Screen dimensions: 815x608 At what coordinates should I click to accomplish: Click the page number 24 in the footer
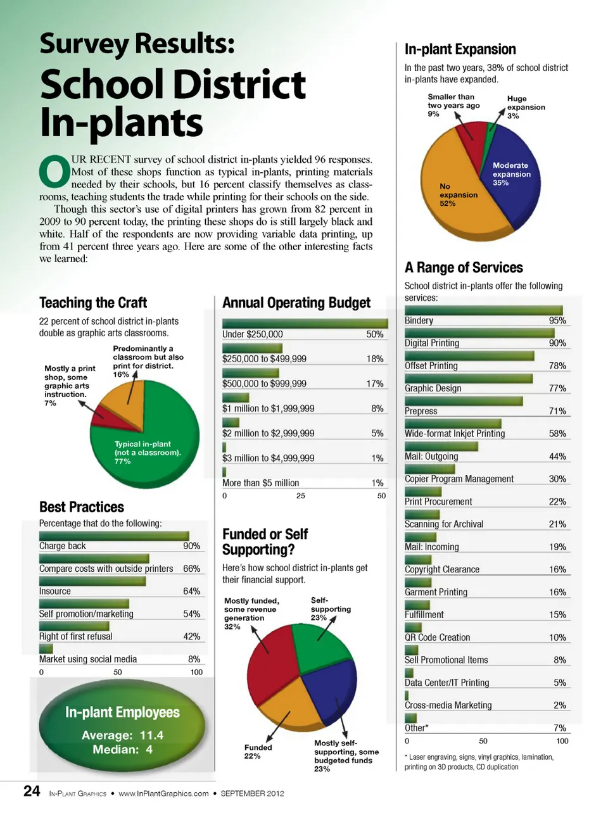point(32,791)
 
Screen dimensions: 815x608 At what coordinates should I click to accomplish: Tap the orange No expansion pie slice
point(456,196)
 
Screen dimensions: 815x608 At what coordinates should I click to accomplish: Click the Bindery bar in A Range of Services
point(483,310)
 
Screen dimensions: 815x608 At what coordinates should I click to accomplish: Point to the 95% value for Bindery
point(557,320)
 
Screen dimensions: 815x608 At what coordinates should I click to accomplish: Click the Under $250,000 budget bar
point(305,323)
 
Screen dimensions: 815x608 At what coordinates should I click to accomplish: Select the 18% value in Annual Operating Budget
point(375,358)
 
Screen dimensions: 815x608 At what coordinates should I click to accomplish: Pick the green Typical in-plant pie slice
point(152,443)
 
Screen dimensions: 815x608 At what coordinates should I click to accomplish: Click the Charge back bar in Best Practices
point(114,536)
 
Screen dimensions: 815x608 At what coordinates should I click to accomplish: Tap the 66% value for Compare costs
point(191,569)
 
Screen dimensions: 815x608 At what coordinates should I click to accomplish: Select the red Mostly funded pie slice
point(269,662)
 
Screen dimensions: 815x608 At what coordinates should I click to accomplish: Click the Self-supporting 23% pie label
point(331,609)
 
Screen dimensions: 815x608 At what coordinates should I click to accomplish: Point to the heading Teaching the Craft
point(93,303)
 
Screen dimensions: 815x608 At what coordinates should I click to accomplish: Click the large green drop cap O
point(54,172)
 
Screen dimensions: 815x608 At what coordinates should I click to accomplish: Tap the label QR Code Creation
point(438,638)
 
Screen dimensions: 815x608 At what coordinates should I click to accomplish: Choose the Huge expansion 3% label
point(526,107)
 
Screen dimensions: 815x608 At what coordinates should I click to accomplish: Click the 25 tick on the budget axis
point(301,496)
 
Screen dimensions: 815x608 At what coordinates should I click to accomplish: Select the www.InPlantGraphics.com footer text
point(163,793)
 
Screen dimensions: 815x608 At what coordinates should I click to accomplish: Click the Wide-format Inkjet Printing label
point(455,434)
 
